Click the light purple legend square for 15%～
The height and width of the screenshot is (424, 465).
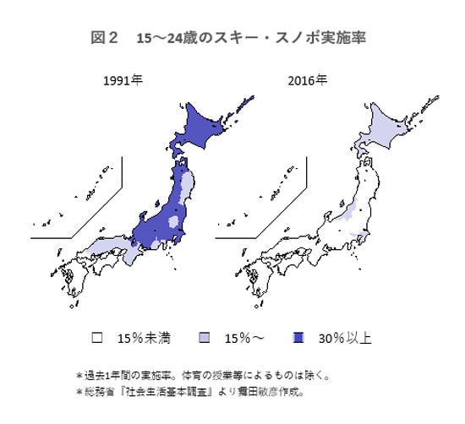tap(204, 338)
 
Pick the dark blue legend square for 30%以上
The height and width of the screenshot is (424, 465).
tap(298, 338)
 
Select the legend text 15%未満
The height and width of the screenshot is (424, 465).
tap(144, 339)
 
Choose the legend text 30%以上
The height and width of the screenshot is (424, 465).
tap(345, 339)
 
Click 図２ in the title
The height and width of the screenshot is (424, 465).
tap(107, 39)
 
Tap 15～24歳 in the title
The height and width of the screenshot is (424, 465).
tap(169, 39)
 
